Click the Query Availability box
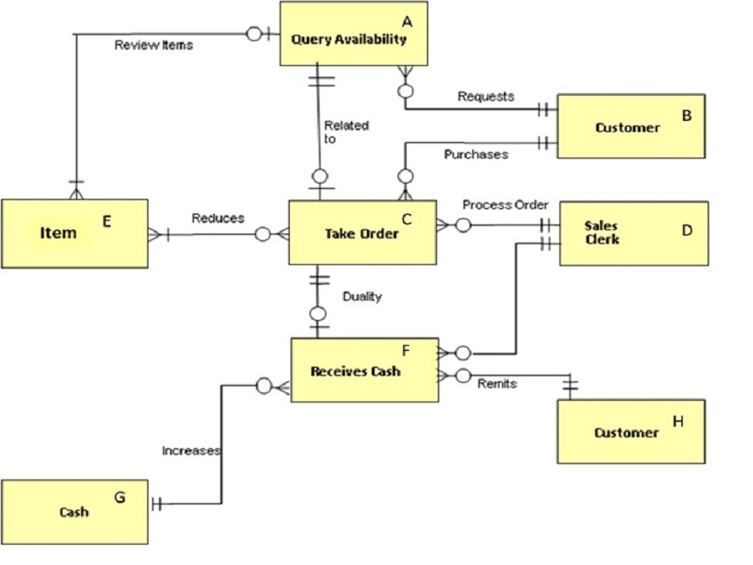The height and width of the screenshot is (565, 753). click(353, 34)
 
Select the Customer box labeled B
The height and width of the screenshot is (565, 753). click(630, 126)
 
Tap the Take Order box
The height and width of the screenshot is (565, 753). click(362, 233)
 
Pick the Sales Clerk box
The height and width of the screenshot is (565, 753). click(633, 233)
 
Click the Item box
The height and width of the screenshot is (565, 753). click(74, 233)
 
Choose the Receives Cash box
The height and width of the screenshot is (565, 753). click(364, 370)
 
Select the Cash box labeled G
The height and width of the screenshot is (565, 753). click(74, 511)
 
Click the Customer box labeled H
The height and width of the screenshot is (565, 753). click(630, 431)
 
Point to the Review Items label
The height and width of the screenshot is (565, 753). click(153, 45)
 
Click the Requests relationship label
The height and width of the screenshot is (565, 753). click(485, 96)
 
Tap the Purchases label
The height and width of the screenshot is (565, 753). click(476, 154)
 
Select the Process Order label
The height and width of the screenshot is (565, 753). click(505, 206)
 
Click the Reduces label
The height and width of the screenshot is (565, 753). click(217, 218)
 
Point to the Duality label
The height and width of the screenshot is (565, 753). click(362, 297)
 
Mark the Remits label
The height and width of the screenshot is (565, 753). click(497, 384)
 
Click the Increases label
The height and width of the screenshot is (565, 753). click(191, 451)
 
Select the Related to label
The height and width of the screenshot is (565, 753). click(346, 132)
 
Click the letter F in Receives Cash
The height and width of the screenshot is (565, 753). click(406, 348)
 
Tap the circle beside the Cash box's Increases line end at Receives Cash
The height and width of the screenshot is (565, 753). click(263, 387)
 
